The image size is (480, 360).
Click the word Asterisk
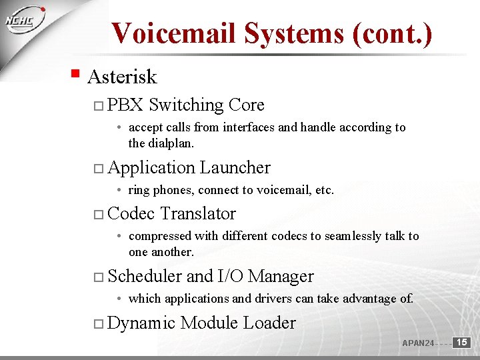[x=122, y=77]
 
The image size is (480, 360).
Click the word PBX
[x=125, y=105]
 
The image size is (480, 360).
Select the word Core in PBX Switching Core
[x=246, y=105]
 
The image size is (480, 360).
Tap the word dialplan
[x=171, y=143]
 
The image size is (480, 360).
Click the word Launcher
[x=235, y=167]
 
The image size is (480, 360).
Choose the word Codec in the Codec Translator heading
[x=131, y=214]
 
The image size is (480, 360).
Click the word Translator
[x=198, y=214]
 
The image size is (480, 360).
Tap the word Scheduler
[x=145, y=276]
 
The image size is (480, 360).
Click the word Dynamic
[x=141, y=323]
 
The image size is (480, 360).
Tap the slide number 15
[x=462, y=342]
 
